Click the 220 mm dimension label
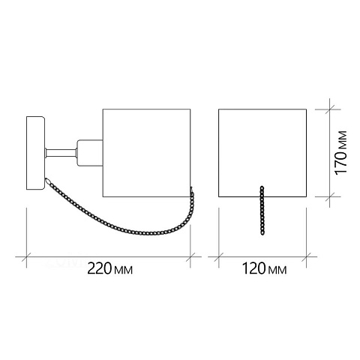point(110,269)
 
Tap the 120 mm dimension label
point(265,269)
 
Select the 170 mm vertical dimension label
point(341,152)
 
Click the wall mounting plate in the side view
point(35,153)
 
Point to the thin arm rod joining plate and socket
point(61,153)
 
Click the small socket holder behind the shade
point(90,153)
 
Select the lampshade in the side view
point(147,153)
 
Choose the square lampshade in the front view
point(262,153)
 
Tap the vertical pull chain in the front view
point(262,211)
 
